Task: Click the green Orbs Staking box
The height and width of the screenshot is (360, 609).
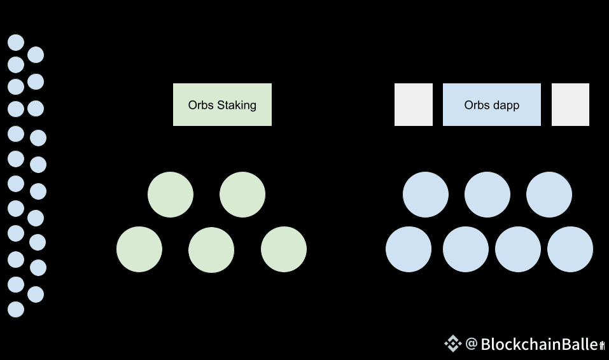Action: (222, 104)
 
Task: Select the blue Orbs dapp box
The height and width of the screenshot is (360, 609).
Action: (491, 104)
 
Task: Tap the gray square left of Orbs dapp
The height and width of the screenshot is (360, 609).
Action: (414, 104)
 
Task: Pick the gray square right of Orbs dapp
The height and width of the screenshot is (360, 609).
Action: (570, 104)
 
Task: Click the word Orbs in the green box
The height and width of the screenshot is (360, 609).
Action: (200, 105)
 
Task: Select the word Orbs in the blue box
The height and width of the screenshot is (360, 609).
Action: (477, 105)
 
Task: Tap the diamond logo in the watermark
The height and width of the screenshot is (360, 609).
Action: (452, 344)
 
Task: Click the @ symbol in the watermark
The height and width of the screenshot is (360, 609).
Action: (472, 344)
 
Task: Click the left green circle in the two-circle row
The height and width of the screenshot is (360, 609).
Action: (171, 195)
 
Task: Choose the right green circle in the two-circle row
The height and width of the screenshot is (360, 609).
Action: (242, 195)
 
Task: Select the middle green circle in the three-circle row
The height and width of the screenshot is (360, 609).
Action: (211, 249)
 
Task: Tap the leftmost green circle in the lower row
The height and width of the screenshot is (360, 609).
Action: (139, 249)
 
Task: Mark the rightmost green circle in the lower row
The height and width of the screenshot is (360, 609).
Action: (284, 249)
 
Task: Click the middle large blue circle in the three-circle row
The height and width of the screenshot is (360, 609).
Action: (487, 195)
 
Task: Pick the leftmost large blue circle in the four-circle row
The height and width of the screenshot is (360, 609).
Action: (409, 249)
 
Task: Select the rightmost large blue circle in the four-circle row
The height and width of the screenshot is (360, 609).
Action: (570, 249)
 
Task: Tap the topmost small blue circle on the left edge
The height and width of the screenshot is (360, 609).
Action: (16, 43)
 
